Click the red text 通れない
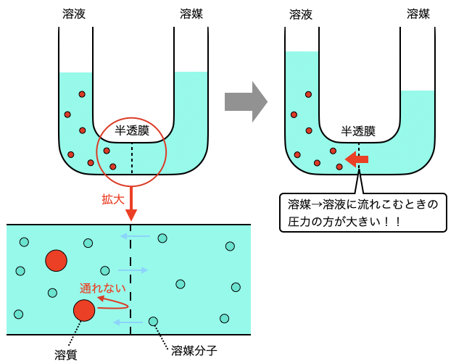tap(102, 288)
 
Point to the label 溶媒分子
tap(194, 351)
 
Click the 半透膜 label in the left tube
tap(132, 131)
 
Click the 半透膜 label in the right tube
tap(358, 131)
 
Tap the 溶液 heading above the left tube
tap(74, 14)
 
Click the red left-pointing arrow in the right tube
tap(357, 159)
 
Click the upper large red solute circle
tap(56, 260)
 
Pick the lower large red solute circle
tap(84, 310)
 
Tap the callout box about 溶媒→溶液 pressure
tap(362, 212)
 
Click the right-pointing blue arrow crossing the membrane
tap(133, 270)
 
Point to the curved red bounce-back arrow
tap(113, 304)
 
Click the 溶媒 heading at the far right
tap(418, 14)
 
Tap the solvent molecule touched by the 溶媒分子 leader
tap(153, 321)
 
